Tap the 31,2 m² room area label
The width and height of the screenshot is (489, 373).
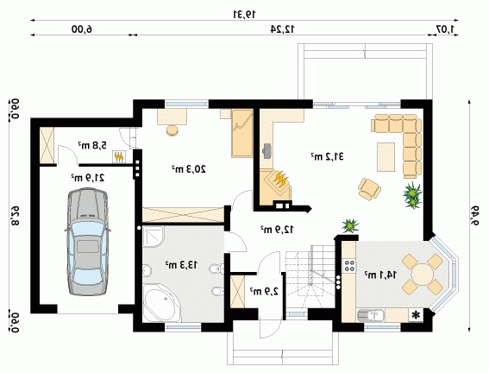click(x=327, y=156)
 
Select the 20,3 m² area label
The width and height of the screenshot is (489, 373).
click(x=189, y=169)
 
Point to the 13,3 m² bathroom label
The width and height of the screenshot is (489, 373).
click(x=181, y=265)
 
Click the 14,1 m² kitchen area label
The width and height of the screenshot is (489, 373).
click(x=381, y=275)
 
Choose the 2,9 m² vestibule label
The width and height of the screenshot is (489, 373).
click(x=264, y=292)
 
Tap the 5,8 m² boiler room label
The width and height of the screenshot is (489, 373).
click(x=92, y=145)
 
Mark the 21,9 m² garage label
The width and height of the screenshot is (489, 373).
click(x=88, y=178)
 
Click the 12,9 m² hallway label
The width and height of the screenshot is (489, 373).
click(x=277, y=230)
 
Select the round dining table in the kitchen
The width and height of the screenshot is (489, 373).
click(x=423, y=275)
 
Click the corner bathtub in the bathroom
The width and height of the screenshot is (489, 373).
click(x=161, y=302)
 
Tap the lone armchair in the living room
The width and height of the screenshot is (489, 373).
click(x=370, y=189)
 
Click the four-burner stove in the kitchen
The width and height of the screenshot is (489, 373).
click(x=349, y=265)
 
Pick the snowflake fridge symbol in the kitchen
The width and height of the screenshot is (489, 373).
click(x=416, y=315)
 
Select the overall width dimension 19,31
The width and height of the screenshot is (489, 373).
click(x=245, y=14)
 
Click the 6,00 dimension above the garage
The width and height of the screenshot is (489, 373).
click(x=82, y=29)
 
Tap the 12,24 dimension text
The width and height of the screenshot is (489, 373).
click(x=282, y=29)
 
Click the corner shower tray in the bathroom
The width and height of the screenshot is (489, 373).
click(x=154, y=237)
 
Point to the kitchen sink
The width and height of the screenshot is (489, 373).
click(x=371, y=315)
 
